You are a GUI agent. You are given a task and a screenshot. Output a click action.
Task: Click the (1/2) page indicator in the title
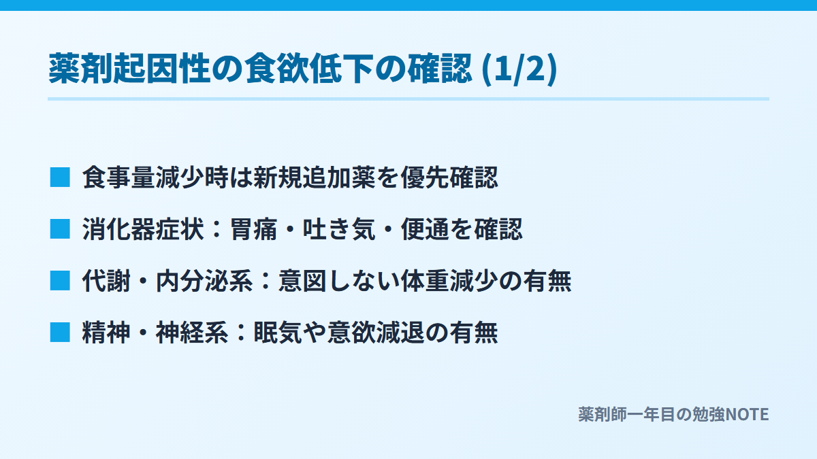(x=519, y=69)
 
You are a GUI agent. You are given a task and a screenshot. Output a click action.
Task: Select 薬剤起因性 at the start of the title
(x=129, y=69)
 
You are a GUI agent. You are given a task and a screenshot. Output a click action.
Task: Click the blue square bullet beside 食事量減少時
(x=60, y=177)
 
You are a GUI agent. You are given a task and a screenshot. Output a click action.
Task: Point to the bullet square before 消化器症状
(x=60, y=228)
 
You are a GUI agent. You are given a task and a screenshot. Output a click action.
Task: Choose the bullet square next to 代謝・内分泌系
(x=60, y=280)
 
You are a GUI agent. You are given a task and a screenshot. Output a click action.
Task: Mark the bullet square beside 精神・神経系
(x=60, y=333)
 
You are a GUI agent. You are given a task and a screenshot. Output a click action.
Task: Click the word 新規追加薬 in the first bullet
(x=315, y=177)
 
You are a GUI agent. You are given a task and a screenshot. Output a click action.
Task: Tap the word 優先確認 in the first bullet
(x=449, y=177)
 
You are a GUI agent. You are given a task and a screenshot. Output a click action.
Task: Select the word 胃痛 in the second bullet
(x=253, y=229)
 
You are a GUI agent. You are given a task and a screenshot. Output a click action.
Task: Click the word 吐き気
(x=339, y=229)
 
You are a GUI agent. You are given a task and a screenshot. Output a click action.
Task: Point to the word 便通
(x=425, y=229)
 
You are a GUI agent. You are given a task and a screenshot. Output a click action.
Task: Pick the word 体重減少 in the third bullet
(x=449, y=281)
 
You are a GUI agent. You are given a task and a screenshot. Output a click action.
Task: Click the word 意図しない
(x=339, y=281)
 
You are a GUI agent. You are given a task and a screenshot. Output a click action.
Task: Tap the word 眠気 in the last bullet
(x=278, y=333)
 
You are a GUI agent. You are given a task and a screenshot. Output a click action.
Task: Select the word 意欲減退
(x=376, y=333)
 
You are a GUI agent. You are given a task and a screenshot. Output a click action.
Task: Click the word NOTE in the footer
(x=747, y=415)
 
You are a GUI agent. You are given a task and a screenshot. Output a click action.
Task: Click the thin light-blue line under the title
(x=408, y=99)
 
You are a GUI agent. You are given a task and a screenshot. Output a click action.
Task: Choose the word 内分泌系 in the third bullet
(x=204, y=281)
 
